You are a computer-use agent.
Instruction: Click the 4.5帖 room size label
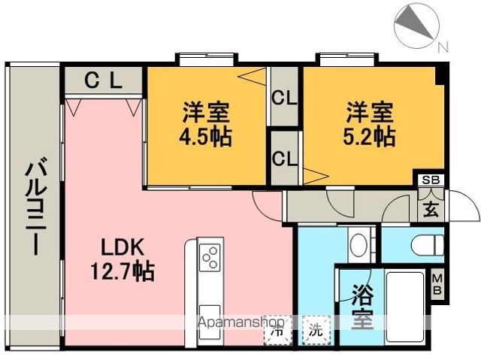point(206,138)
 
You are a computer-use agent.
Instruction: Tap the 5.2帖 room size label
point(370,135)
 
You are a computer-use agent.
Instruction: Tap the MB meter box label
point(437,286)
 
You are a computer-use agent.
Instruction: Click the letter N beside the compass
point(443,47)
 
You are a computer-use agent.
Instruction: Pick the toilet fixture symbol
point(428,244)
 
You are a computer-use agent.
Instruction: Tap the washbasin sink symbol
point(359,244)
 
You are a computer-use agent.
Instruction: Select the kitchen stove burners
point(210,259)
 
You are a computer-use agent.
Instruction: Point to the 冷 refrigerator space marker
point(277,328)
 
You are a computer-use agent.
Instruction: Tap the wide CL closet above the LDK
point(103,80)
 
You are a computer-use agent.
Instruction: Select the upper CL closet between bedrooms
point(283,98)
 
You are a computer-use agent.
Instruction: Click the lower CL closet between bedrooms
point(283,159)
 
